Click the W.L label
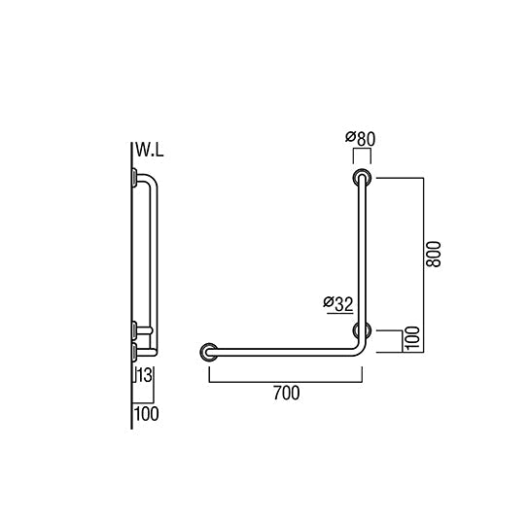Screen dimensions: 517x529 point(150,151)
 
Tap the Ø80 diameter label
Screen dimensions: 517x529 point(361,139)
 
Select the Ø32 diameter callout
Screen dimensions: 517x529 point(336,303)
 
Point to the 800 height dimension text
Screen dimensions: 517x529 point(434,255)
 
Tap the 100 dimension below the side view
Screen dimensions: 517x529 point(147,414)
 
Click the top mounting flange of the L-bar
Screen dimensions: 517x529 point(363,178)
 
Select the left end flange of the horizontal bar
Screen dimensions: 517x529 point(208,351)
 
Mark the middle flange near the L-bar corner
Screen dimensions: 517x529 point(363,329)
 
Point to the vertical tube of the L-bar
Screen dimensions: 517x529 point(363,253)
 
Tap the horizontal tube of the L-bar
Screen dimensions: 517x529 point(282,351)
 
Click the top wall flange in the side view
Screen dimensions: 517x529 point(133,177)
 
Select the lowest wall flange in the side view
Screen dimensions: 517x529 point(133,347)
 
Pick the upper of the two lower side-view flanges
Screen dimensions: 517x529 point(133,329)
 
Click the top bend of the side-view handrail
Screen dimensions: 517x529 point(149,182)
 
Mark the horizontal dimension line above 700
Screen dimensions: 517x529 point(286,380)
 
